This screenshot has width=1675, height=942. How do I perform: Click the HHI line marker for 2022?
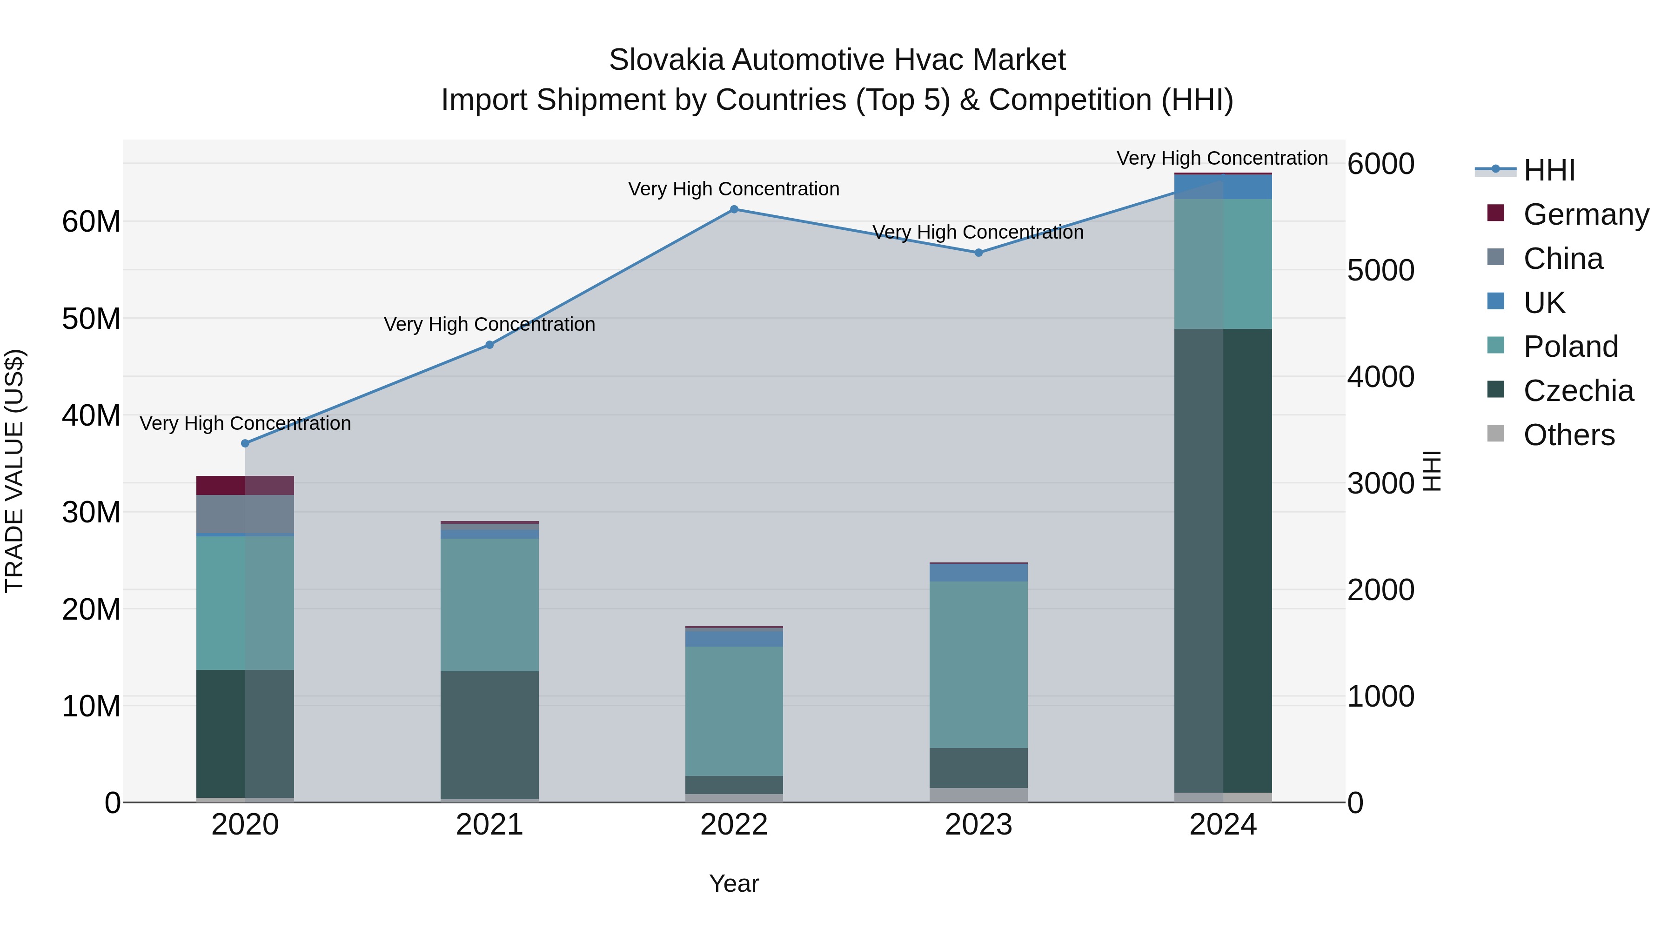pos(734,209)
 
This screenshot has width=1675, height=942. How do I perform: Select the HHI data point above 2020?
pos(245,443)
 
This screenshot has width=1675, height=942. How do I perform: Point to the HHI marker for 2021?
pos(489,345)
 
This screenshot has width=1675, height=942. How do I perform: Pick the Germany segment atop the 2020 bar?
pos(245,485)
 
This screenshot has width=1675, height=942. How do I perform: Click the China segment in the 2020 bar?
pos(245,514)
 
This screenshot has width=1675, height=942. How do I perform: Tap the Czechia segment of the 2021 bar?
pos(489,735)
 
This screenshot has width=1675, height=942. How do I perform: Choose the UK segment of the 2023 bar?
pos(978,572)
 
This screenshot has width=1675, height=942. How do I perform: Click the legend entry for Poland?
pos(1570,347)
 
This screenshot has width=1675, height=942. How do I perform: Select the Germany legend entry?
pos(1585,214)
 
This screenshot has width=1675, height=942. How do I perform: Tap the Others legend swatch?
pos(1495,434)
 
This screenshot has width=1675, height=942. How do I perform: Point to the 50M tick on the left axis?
pos(91,319)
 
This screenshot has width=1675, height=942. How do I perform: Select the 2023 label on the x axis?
pos(978,825)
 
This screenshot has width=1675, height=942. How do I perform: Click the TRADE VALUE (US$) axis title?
pos(14,471)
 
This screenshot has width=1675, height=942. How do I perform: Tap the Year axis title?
pos(734,883)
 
